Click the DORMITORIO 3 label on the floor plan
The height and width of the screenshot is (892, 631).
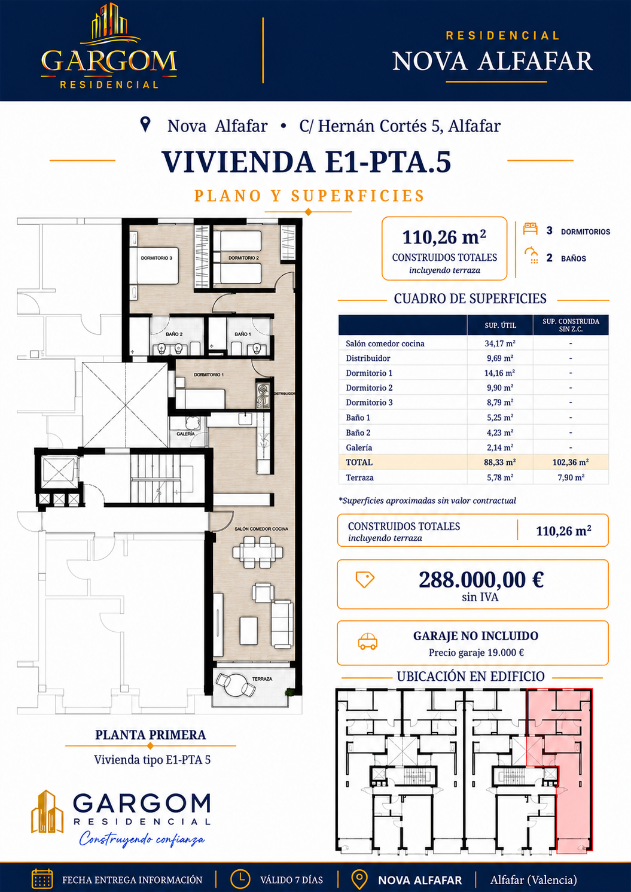(x=157, y=258)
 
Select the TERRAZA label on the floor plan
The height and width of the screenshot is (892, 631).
(x=262, y=678)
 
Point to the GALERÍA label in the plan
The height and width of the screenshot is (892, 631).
(x=186, y=434)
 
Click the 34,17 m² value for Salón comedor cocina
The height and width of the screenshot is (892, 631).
(x=500, y=343)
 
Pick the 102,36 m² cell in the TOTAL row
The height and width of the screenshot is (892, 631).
(x=571, y=462)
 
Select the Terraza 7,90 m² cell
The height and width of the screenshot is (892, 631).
(x=571, y=477)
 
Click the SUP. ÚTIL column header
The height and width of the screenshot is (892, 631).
(x=501, y=325)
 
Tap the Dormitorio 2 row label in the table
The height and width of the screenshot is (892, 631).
(x=369, y=388)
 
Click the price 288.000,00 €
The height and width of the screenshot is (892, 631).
(x=481, y=579)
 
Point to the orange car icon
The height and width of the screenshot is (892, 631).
(x=367, y=641)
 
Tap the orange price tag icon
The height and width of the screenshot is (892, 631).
(x=365, y=580)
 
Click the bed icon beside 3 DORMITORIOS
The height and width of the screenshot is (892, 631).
(x=531, y=229)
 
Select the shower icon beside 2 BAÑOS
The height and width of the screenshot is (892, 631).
(x=531, y=255)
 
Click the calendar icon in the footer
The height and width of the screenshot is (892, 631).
(x=42, y=879)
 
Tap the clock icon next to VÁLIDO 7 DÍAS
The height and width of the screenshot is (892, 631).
(x=240, y=879)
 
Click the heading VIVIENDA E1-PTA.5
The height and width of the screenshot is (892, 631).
(x=306, y=162)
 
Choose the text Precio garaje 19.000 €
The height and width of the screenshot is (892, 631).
(x=476, y=653)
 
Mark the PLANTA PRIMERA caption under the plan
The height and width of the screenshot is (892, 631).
(x=151, y=735)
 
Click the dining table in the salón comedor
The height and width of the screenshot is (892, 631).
(x=258, y=552)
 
